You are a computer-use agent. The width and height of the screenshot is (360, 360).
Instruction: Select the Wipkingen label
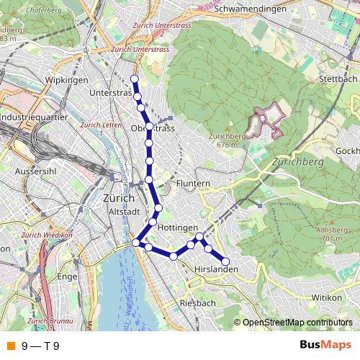pyautogui.click(x=66, y=79)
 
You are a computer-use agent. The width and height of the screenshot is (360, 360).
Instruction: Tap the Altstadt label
pyautogui.click(x=123, y=212)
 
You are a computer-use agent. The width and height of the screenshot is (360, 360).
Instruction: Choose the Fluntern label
pyautogui.click(x=192, y=184)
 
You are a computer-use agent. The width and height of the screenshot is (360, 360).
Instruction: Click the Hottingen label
pyautogui.click(x=176, y=227)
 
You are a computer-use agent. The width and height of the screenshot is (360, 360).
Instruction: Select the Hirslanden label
pyautogui.click(x=215, y=270)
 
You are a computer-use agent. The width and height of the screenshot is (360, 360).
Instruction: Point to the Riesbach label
pyautogui.click(x=198, y=303)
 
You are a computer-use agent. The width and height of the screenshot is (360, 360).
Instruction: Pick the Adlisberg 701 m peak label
pyautogui.click(x=329, y=234)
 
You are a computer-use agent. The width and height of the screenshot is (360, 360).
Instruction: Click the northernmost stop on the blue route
pyautogui.click(x=134, y=78)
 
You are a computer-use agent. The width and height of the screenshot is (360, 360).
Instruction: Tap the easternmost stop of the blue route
pyautogui.click(x=225, y=261)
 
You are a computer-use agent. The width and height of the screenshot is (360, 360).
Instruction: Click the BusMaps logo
pyautogui.click(x=325, y=345)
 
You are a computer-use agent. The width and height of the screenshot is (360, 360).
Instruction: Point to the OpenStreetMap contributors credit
pyautogui.click(x=297, y=323)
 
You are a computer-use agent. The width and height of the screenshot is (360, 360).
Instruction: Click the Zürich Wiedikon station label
pyautogui.click(x=48, y=235)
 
